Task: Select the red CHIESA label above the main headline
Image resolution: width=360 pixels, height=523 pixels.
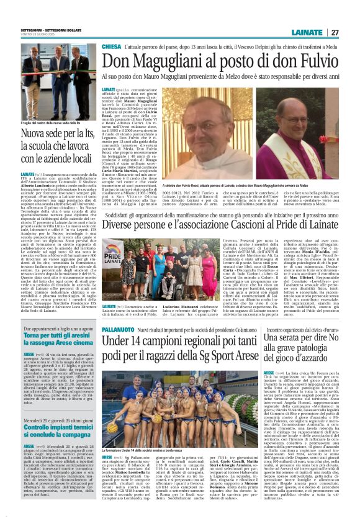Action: pos(112,47)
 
